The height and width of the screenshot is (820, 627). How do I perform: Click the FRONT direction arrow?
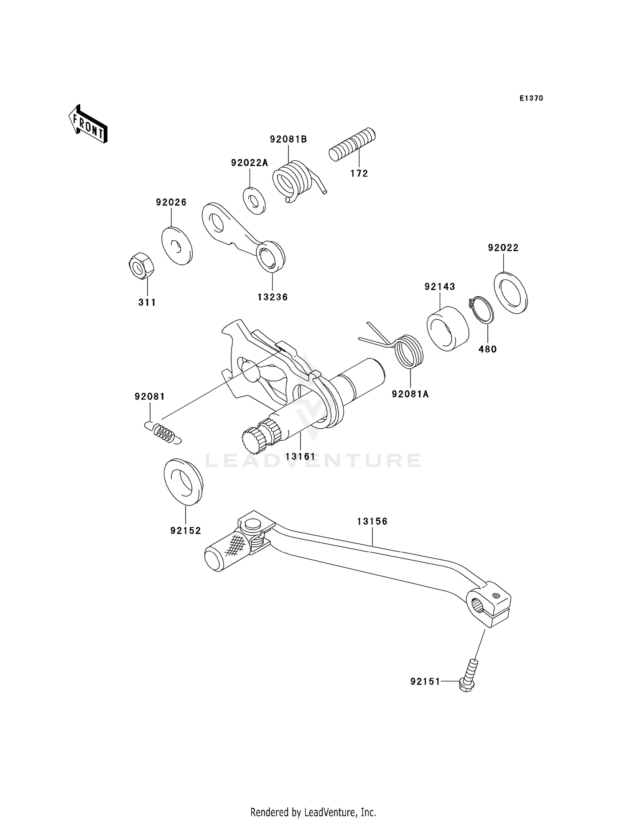click(88, 125)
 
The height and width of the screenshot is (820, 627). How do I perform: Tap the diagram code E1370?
click(531, 98)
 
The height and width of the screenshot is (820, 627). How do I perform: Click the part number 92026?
click(171, 202)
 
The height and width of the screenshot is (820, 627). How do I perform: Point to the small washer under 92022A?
click(254, 201)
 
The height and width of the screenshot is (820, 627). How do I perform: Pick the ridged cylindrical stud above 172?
click(352, 144)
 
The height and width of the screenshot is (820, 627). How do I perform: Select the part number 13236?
click(273, 297)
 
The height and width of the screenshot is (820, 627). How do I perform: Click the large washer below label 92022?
click(510, 293)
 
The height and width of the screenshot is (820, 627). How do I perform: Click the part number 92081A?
click(410, 394)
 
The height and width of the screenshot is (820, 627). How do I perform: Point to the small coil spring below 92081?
click(164, 433)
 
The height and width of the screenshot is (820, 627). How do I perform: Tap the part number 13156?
click(372, 521)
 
